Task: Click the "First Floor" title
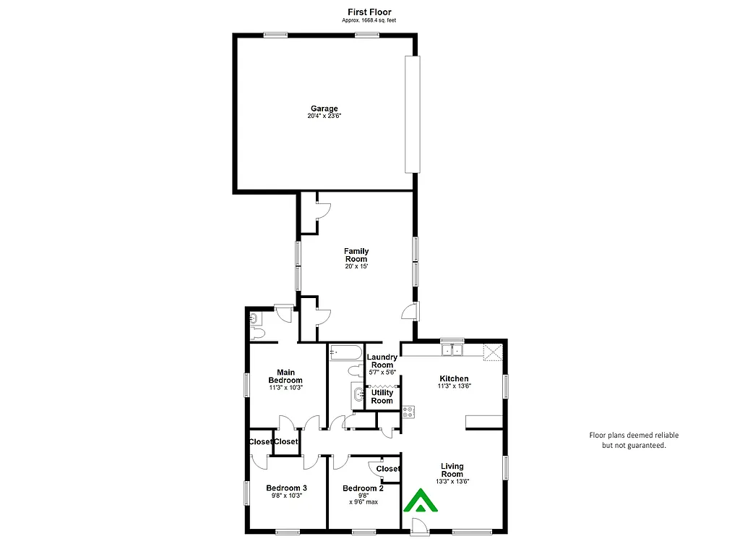[x=369, y=12]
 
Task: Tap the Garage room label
[x=324, y=109]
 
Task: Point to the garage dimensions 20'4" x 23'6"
[x=324, y=116]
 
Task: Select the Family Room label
[x=356, y=255]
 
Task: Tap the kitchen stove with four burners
[x=409, y=412]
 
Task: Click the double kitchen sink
[x=453, y=351]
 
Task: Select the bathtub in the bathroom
[x=345, y=354]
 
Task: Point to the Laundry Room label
[x=382, y=361]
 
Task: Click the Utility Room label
[x=382, y=396]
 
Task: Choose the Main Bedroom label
[x=285, y=376]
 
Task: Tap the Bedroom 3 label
[x=286, y=488]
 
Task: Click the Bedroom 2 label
[x=363, y=488]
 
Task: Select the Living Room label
[x=452, y=470]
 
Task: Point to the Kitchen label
[x=454, y=378]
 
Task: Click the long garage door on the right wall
[x=412, y=114]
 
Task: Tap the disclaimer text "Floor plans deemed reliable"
[x=634, y=436]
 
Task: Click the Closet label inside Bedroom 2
[x=388, y=469]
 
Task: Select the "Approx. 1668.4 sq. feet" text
[x=369, y=20]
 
